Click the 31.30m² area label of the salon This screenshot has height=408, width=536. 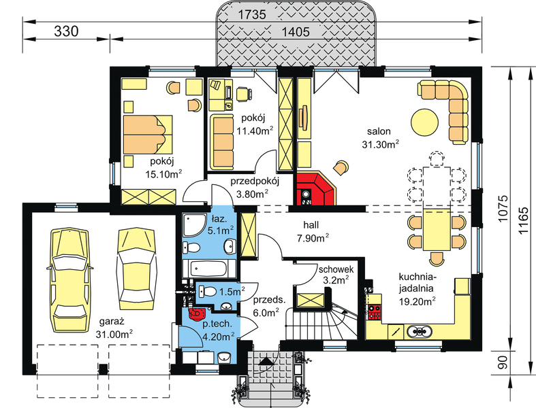pyautogui.click(x=380, y=143)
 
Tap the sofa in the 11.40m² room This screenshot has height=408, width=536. pyautogui.click(x=222, y=142)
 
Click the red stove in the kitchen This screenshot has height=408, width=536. pyautogui.click(x=374, y=313)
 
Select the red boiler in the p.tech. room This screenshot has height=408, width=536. pyautogui.click(x=197, y=313)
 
